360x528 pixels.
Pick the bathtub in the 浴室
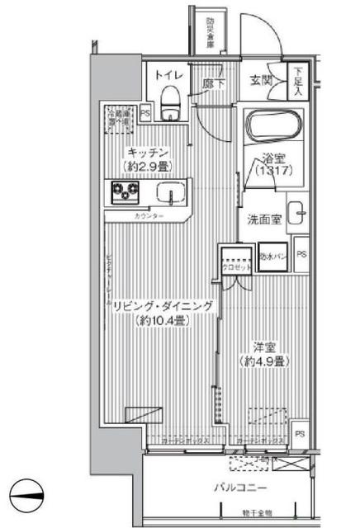point(275,128)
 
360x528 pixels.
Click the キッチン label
point(149,152)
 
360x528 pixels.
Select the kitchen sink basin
point(172,195)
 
